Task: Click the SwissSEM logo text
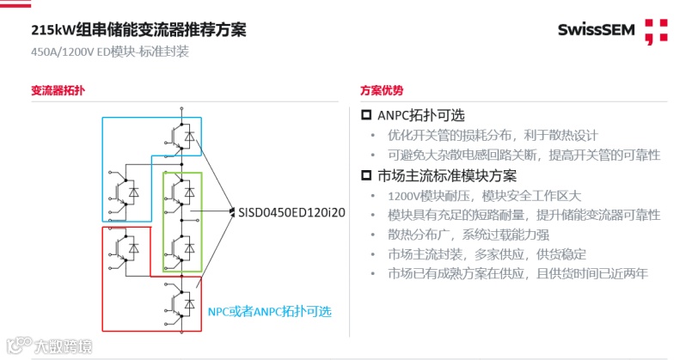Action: (x=595, y=32)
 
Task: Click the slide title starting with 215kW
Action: (x=138, y=30)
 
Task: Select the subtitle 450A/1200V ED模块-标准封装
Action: (x=109, y=52)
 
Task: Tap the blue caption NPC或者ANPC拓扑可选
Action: (x=269, y=310)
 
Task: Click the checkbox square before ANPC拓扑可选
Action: (x=365, y=115)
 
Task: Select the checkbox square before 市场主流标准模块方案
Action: (x=365, y=176)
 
